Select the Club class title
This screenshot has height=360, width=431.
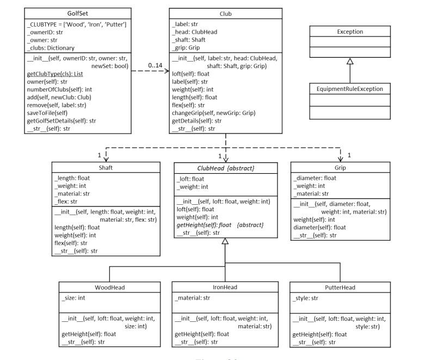click(x=225, y=12)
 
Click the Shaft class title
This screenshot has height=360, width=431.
click(x=106, y=168)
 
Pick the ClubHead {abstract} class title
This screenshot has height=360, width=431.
click(x=225, y=168)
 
